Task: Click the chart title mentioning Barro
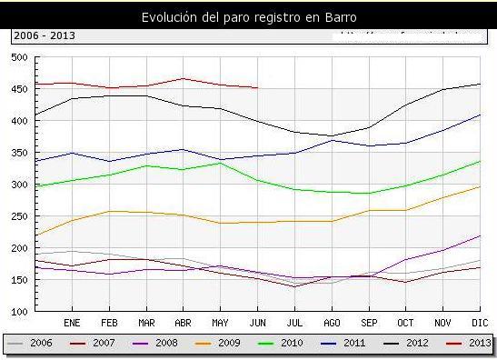click(x=248, y=17)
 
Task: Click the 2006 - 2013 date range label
click(x=44, y=35)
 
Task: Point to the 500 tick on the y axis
click(x=18, y=57)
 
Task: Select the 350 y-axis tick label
click(x=18, y=153)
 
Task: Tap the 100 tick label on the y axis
click(x=18, y=311)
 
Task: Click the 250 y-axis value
click(x=18, y=216)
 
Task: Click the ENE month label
click(x=73, y=322)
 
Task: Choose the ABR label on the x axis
click(x=183, y=322)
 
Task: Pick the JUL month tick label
click(x=293, y=322)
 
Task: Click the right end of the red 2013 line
click(x=258, y=88)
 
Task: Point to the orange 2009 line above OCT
click(x=405, y=210)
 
